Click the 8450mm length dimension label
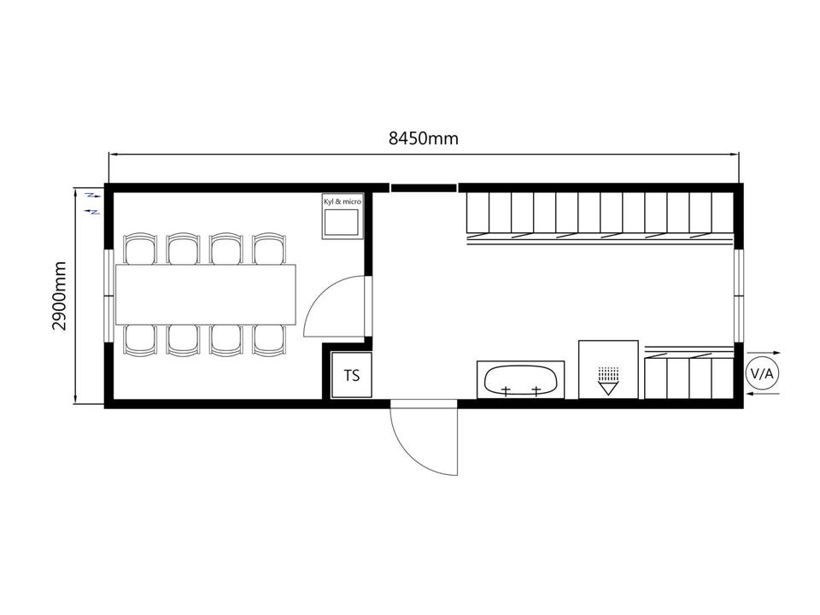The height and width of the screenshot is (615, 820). pos(423,138)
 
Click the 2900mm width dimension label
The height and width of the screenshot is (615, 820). pos(59,296)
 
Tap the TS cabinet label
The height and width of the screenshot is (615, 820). pos(352,375)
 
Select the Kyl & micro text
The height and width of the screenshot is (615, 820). pos(343,202)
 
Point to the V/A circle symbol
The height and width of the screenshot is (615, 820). pos(762,373)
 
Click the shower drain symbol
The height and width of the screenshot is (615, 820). pos(608,381)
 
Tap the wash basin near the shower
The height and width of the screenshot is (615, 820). pos(520,379)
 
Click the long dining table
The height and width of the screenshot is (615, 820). pos(206,295)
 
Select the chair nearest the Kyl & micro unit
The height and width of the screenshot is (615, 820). pos(269,249)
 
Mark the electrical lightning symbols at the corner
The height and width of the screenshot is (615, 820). pos(92,203)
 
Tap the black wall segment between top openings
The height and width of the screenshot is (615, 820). pos(424,188)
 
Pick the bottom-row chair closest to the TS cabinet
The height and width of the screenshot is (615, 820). pos(269,341)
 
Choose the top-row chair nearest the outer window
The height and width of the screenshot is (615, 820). pos(140,249)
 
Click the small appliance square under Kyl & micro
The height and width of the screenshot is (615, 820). pos(342,222)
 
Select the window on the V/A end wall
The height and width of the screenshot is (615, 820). pos(738,296)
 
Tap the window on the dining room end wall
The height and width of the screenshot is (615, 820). pos(108,296)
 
